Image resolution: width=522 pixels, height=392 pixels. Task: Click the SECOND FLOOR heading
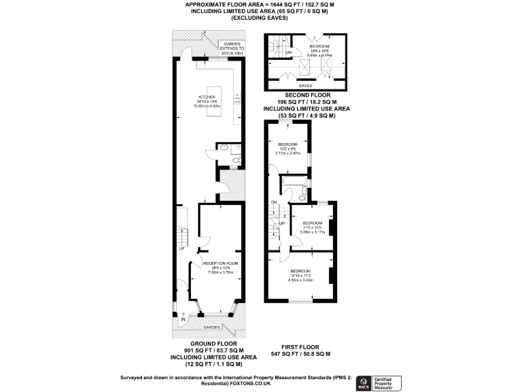click(304, 97)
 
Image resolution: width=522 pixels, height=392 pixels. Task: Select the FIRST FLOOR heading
click(300, 348)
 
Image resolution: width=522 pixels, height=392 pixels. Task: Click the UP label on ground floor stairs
click(181, 249)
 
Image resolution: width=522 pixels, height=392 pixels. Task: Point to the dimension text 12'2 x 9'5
click(288, 149)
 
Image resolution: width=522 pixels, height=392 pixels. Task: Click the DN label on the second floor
click(289, 52)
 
